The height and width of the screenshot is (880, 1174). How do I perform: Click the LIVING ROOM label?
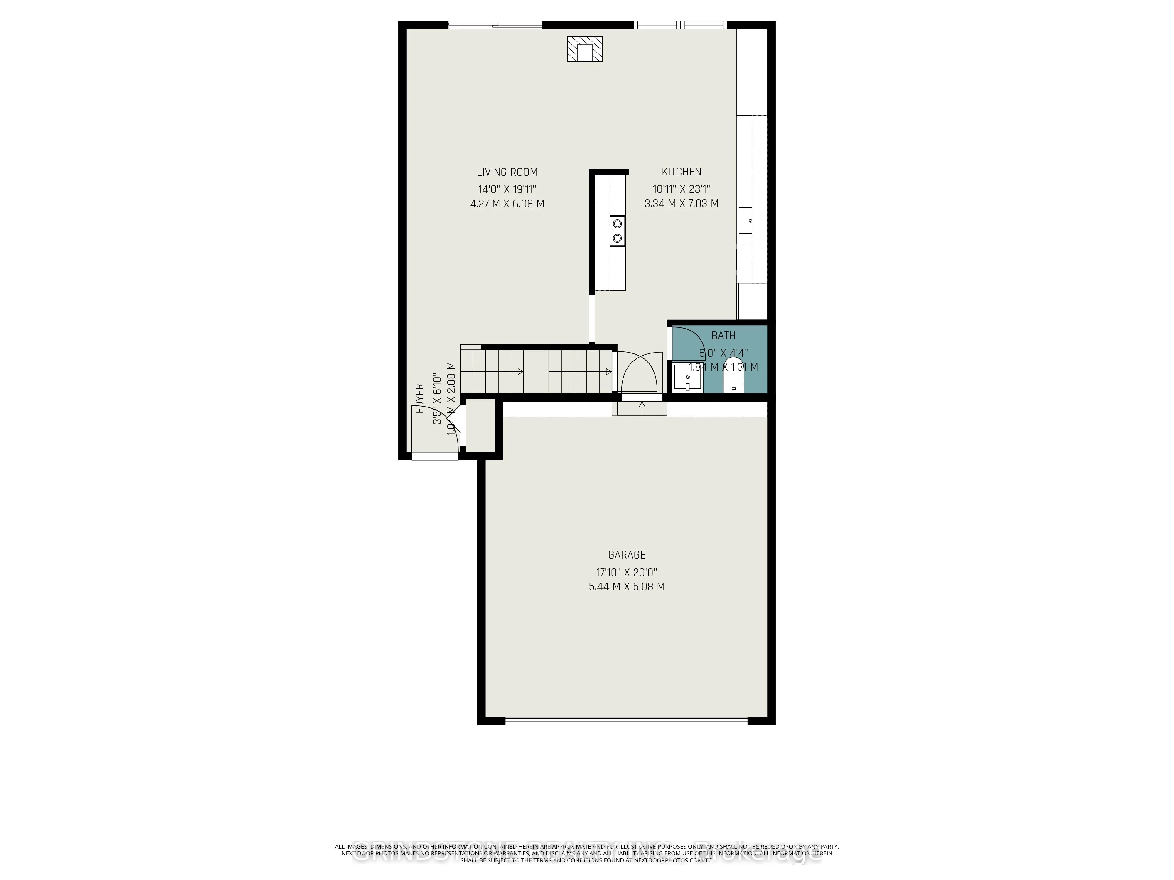pos(507,172)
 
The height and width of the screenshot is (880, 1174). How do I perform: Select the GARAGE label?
pos(626,555)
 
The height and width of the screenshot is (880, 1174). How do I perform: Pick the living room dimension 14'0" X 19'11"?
pos(507,189)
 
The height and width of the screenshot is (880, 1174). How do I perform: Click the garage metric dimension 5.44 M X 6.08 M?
pos(626,587)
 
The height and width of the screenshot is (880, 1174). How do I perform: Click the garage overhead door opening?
pos(626,721)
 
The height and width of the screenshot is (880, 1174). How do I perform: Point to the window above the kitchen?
pos(680,24)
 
